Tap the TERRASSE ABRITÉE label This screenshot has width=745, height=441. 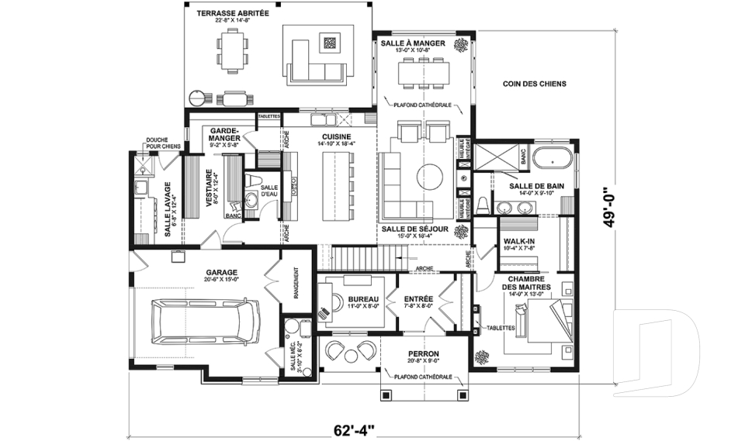point(232,14)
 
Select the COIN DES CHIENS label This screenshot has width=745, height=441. point(534,84)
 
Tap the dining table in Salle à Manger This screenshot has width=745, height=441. point(424,72)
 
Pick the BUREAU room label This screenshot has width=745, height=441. point(362,299)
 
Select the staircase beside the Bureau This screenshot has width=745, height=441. point(362,257)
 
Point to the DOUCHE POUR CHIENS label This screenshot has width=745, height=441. point(163,143)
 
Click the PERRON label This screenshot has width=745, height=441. point(424,353)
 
